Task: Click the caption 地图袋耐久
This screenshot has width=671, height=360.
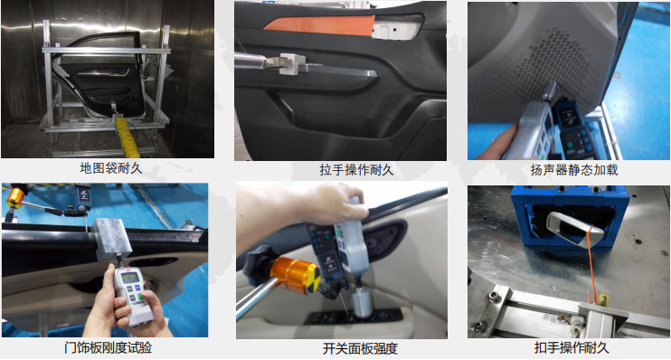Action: coord(109,168)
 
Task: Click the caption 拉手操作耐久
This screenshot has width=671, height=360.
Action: coord(344,168)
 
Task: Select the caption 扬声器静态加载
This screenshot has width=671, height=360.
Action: coord(568,168)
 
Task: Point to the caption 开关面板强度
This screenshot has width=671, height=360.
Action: coord(343,348)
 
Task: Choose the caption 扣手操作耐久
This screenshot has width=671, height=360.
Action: coord(568,348)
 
